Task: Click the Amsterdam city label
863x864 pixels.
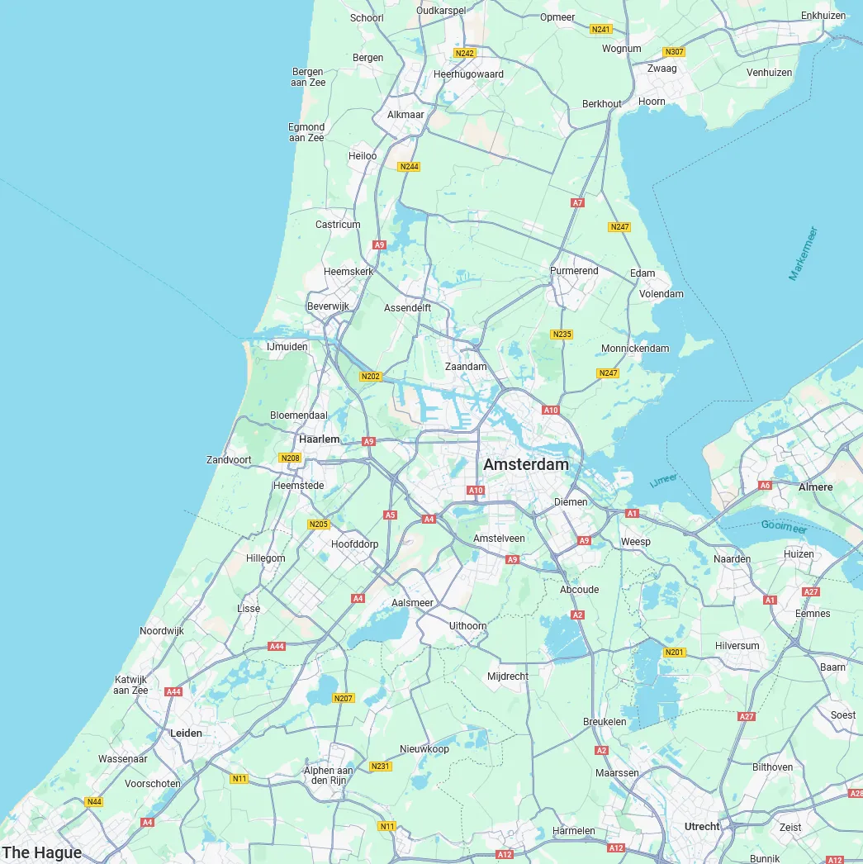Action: click(526, 464)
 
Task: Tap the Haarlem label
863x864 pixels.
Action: click(319, 439)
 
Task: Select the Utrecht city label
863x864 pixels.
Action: click(702, 826)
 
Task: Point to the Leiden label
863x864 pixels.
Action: click(186, 733)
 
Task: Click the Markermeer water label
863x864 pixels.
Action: click(803, 254)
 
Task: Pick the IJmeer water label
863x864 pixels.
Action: click(664, 480)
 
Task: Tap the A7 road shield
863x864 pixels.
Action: click(577, 202)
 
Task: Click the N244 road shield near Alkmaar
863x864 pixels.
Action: click(409, 167)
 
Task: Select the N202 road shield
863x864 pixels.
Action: click(371, 377)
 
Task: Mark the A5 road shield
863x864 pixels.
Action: click(390, 515)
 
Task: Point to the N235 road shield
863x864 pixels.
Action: click(562, 335)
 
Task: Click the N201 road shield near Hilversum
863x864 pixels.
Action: click(675, 653)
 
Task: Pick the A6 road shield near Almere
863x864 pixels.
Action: click(765, 485)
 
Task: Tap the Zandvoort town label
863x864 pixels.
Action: click(229, 459)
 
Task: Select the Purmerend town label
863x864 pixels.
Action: click(574, 271)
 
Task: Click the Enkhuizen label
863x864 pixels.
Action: click(823, 16)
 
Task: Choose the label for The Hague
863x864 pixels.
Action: click(42, 852)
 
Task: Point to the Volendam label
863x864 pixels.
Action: click(661, 293)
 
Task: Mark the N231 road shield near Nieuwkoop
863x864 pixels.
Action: click(380, 767)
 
